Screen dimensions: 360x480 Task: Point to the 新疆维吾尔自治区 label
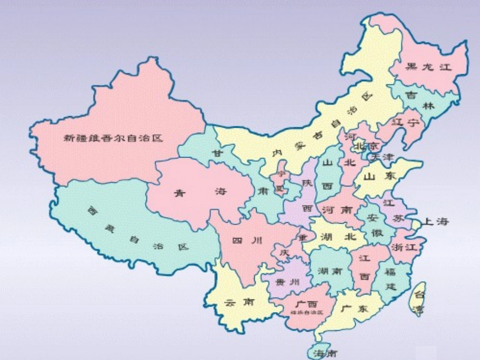(x=113, y=137)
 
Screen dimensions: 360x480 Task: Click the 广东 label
(x=354, y=309)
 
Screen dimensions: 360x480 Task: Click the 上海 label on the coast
(x=436, y=222)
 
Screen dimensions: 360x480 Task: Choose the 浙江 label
(x=404, y=247)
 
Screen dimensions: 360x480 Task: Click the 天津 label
(x=381, y=157)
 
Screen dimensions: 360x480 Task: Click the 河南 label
(x=337, y=210)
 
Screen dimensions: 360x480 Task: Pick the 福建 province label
(x=390, y=279)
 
